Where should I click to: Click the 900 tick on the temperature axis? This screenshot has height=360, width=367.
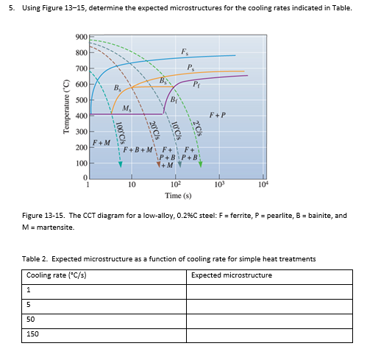pyautogui.click(x=80, y=38)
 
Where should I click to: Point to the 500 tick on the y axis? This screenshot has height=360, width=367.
pyautogui.click(x=80, y=100)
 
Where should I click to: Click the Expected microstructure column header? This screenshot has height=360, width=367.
pyautogui.click(x=231, y=275)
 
